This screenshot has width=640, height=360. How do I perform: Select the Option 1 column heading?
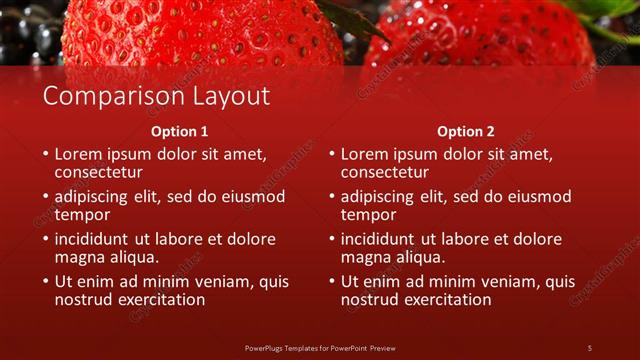click(180, 131)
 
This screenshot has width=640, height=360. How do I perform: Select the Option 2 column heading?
click(466, 131)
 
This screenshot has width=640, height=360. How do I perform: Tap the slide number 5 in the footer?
click(589, 347)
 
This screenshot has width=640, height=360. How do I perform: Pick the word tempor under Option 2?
click(368, 214)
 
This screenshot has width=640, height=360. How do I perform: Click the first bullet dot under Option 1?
click(44, 155)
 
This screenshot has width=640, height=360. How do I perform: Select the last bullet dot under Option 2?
click(330, 282)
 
